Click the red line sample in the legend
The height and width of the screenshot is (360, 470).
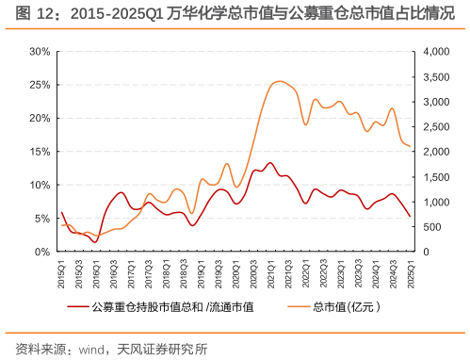(83, 306)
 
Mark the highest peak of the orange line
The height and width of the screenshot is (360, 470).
(279, 82)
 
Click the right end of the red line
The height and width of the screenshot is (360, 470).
(410, 217)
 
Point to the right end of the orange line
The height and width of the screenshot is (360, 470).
(410, 146)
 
